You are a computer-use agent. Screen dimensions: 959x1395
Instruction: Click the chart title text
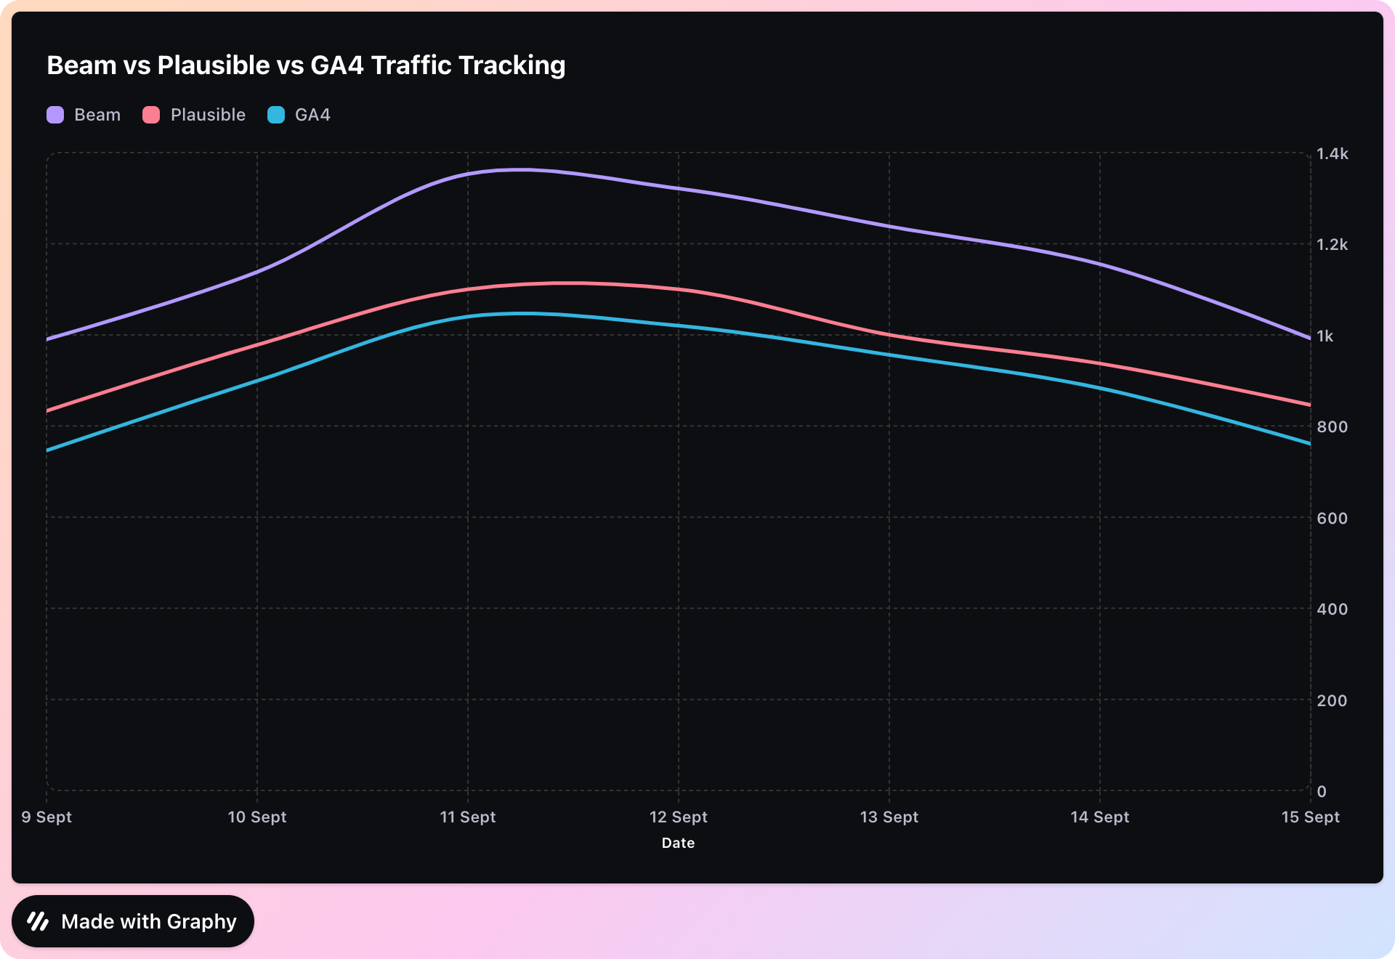coord(306,65)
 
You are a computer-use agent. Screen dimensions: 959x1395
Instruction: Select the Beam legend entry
coord(84,115)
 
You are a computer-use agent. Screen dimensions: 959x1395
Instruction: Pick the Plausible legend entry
coord(195,115)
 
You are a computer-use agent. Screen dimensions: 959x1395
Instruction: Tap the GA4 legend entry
coord(299,115)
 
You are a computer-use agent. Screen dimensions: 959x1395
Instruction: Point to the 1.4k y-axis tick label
coord(1332,154)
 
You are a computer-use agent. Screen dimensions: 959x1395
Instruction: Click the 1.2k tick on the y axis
coord(1332,245)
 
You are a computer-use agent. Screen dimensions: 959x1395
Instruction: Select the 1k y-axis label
coord(1325,336)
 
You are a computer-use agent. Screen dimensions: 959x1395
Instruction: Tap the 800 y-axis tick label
coord(1332,427)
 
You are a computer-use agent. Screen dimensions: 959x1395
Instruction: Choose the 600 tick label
coord(1332,519)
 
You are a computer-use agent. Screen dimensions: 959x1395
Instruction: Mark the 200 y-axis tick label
coord(1332,701)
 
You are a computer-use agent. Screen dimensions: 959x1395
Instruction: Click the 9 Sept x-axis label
coord(46,817)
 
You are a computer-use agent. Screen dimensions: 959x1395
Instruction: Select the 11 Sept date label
coord(468,817)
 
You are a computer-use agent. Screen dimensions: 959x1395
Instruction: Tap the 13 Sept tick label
coord(889,817)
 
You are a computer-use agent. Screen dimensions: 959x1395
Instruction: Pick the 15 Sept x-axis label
coord(1310,817)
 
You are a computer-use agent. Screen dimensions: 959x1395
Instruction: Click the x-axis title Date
coord(678,843)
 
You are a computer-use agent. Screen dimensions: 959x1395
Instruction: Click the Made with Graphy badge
coord(133,921)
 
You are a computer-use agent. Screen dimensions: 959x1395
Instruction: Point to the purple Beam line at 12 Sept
coord(679,189)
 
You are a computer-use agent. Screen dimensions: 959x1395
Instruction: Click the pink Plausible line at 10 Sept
coord(257,345)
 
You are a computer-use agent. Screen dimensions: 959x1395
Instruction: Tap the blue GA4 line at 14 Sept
coord(1100,388)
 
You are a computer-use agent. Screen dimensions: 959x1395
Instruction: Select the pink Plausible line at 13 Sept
coord(889,335)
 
